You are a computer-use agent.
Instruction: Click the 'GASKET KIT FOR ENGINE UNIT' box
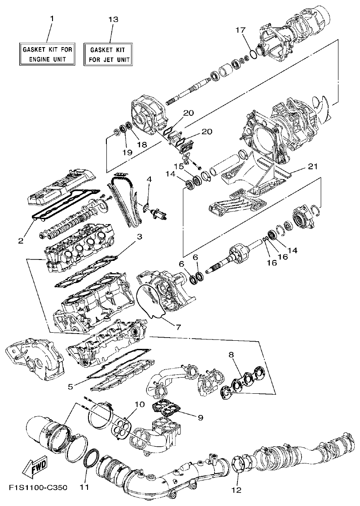click(x=48, y=54)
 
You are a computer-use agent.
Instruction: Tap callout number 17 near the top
click(x=241, y=30)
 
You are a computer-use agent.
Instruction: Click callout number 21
click(x=313, y=167)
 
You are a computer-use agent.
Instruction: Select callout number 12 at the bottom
click(x=237, y=489)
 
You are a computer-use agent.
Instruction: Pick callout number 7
click(x=178, y=327)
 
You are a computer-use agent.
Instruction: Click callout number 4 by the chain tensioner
click(x=149, y=180)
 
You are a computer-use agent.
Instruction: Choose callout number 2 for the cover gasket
click(x=21, y=241)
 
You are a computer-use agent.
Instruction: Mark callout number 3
click(x=140, y=237)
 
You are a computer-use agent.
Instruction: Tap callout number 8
click(x=232, y=354)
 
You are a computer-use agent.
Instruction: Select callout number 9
click(x=200, y=418)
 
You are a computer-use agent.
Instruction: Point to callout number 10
click(x=140, y=404)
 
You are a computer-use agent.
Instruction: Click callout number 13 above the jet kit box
click(x=114, y=19)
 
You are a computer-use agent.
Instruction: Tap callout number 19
click(x=127, y=153)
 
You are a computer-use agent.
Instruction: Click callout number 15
click(x=180, y=167)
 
